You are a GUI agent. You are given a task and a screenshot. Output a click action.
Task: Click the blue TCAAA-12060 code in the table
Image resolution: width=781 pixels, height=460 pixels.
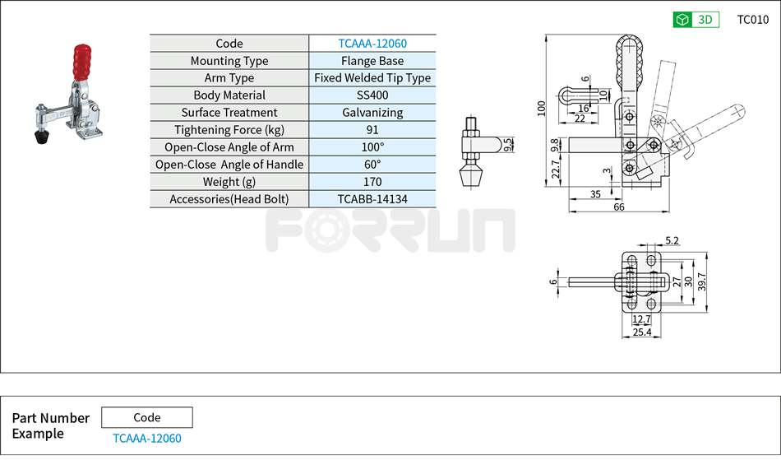(372, 44)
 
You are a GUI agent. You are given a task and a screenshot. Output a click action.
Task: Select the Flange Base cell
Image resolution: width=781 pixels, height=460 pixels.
(372, 61)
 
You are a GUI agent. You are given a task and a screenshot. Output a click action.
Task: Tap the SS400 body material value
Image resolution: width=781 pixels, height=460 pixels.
(372, 95)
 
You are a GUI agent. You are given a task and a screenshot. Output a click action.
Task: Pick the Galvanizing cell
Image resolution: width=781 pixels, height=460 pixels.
(372, 113)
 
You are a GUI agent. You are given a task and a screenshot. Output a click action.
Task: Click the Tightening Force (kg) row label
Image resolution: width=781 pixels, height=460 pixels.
(229, 130)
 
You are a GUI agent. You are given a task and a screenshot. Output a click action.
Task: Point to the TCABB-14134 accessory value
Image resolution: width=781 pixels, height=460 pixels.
(372, 199)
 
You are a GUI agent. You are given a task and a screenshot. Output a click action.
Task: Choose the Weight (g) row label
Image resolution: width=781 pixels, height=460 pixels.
(229, 182)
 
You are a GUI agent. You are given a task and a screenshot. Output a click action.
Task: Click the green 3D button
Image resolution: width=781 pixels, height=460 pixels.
(696, 20)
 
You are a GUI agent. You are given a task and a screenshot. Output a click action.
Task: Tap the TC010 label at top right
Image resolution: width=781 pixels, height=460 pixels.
(752, 20)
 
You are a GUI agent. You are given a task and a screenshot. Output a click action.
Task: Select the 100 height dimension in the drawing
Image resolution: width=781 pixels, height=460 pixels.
(541, 109)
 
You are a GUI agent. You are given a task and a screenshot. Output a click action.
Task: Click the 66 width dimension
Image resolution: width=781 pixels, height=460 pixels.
(619, 207)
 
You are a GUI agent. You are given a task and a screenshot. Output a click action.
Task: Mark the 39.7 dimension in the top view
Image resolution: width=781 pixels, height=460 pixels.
(701, 281)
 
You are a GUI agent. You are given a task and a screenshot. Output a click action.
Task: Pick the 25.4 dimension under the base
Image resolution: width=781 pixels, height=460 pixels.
(642, 332)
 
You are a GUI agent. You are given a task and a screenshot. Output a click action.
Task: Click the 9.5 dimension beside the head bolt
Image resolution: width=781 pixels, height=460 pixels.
(508, 145)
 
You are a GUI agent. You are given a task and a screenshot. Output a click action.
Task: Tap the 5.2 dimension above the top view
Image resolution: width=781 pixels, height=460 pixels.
(672, 241)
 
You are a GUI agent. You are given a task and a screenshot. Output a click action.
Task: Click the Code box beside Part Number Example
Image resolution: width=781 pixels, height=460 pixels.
(147, 417)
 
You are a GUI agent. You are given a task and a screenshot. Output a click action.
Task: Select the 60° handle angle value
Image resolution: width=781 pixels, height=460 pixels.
(372, 165)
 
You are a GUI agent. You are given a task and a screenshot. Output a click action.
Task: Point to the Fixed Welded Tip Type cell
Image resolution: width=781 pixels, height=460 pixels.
(372, 78)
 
